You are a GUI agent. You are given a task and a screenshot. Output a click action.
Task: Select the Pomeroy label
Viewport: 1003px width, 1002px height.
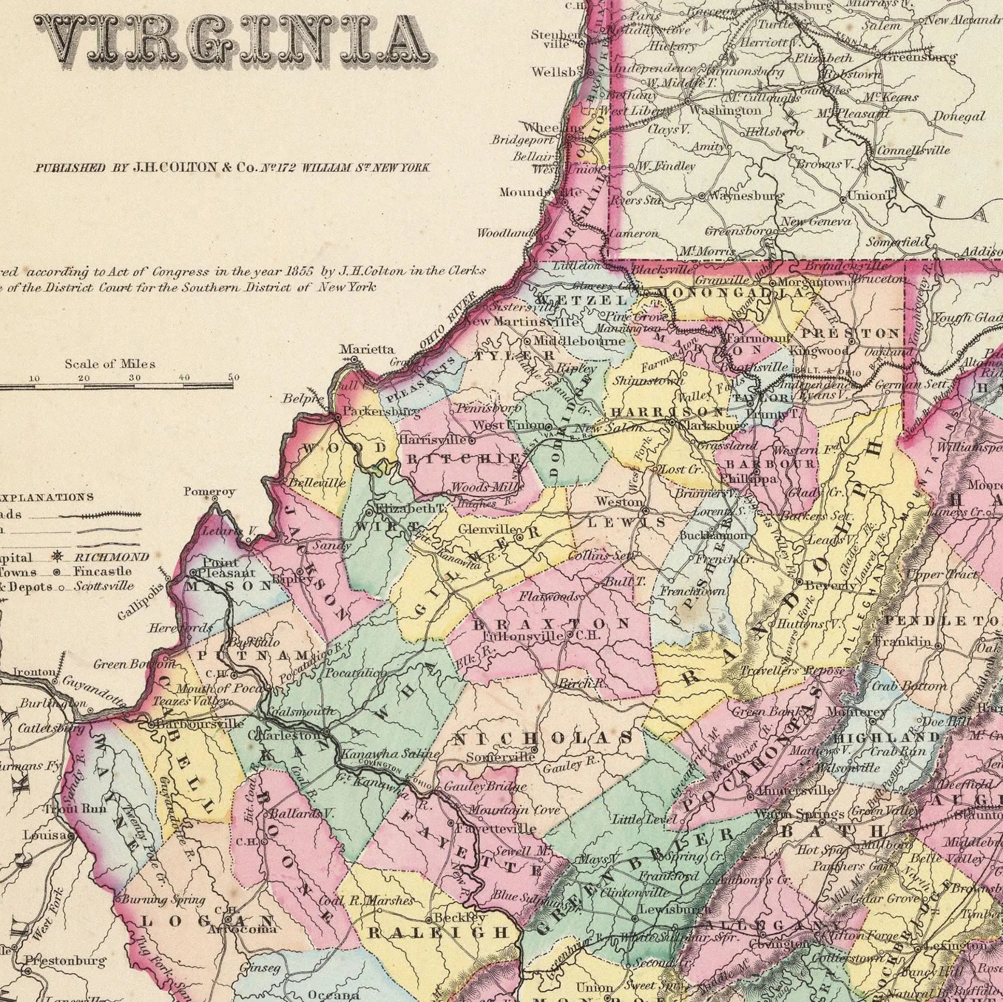click(209, 491)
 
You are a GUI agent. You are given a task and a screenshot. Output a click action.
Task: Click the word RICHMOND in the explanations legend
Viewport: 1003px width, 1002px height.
click(111, 558)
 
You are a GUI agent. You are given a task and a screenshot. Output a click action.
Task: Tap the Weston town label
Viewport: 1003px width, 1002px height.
click(619, 502)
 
